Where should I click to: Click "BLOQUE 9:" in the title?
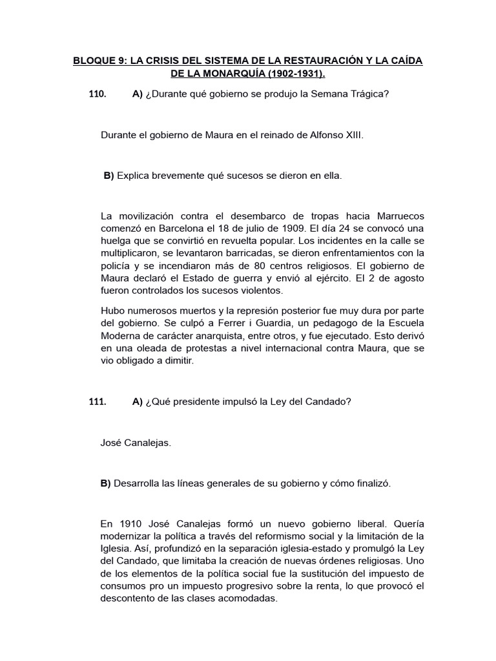pyautogui.click(x=99, y=61)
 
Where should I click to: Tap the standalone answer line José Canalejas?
pyautogui.click(x=136, y=443)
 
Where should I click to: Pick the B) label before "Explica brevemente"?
pyautogui.click(x=108, y=176)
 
